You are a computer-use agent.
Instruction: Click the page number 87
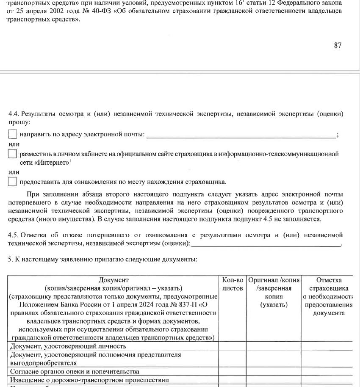tap(337, 45)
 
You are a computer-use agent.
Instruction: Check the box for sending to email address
tap(13, 135)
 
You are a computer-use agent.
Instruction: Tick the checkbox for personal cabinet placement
tap(13, 154)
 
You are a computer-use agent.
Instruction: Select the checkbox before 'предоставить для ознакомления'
tap(13, 182)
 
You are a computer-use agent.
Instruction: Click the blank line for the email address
tap(240, 135)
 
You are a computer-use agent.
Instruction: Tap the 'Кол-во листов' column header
tap(233, 284)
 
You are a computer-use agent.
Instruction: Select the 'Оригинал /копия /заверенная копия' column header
tap(274, 292)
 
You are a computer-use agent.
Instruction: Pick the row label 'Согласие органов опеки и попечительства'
tap(75, 371)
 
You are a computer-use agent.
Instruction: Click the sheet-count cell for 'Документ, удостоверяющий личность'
tap(233, 346)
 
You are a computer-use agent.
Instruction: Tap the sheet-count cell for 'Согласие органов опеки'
tap(233, 371)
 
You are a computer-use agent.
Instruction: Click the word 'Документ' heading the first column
tap(114, 280)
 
